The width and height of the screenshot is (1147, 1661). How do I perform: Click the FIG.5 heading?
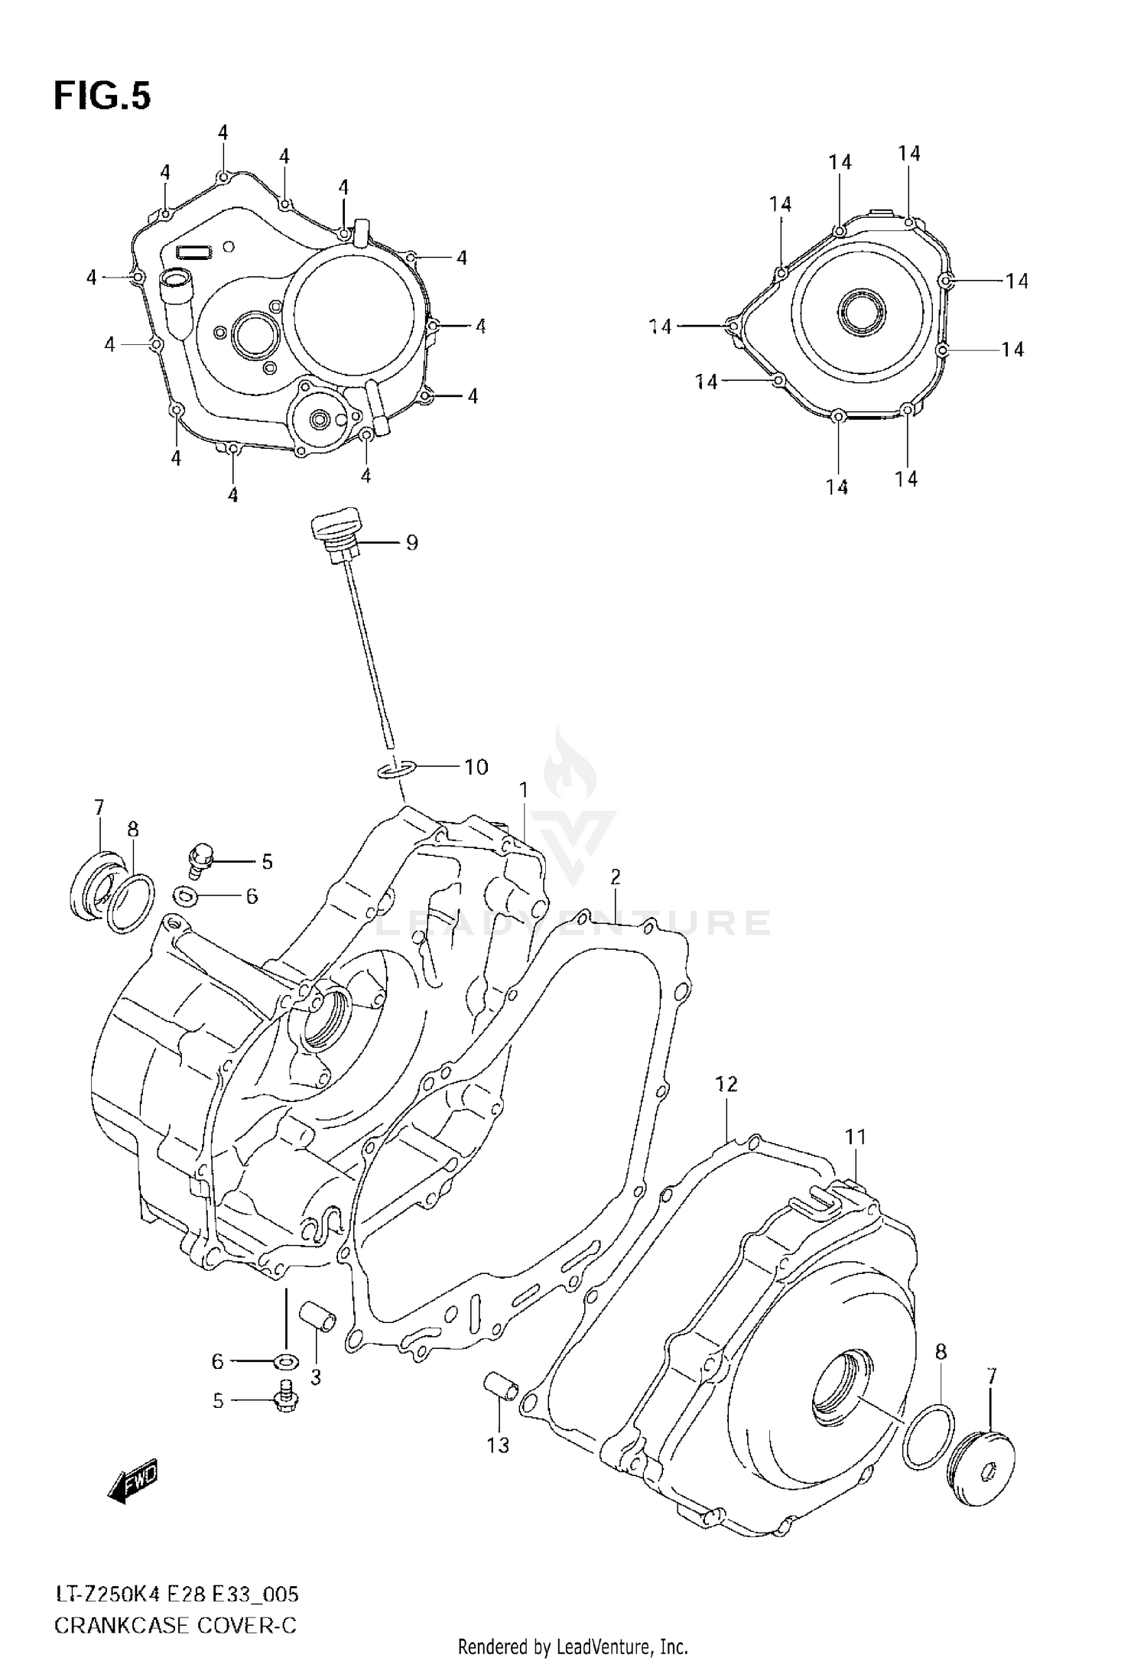[102, 96]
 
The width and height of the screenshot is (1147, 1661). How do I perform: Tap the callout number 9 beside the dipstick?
[411, 543]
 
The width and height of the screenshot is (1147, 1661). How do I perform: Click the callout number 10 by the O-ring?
[476, 766]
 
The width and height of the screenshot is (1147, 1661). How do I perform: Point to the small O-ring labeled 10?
[397, 769]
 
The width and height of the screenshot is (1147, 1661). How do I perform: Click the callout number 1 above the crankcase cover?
[524, 788]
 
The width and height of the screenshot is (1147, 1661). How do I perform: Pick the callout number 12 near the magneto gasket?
[726, 1084]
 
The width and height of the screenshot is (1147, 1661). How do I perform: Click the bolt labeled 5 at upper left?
[201, 860]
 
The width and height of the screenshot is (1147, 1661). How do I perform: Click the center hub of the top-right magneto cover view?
[862, 312]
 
